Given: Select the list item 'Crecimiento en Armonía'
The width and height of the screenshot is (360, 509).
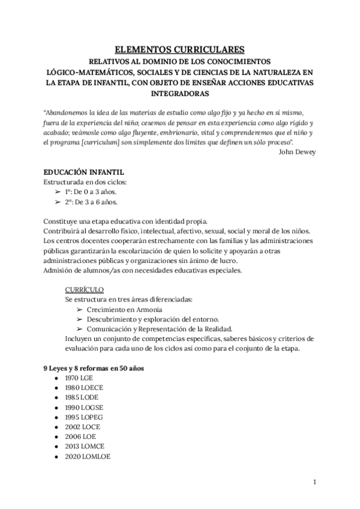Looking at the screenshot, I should point(124,309).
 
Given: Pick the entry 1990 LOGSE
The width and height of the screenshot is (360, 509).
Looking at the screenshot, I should point(83,408).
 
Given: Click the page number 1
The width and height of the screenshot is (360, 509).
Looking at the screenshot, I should point(314,482).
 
